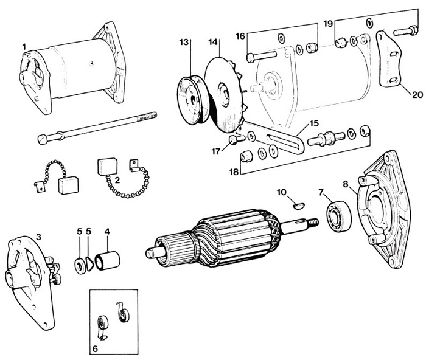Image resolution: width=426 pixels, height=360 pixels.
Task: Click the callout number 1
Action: pyautogui.click(x=24, y=47)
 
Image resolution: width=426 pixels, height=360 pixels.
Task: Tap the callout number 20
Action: pyautogui.click(x=417, y=95)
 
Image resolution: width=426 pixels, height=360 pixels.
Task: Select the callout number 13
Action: pyautogui.click(x=184, y=42)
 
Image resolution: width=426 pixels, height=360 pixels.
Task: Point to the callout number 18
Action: pyautogui.click(x=234, y=171)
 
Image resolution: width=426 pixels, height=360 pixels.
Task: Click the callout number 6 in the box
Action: pyautogui.click(x=95, y=348)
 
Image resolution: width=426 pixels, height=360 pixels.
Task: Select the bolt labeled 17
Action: pyautogui.click(x=236, y=139)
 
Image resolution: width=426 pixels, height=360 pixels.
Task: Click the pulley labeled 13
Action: pyautogui.click(x=192, y=100)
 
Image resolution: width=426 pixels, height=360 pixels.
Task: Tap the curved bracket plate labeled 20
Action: pyautogui.click(x=388, y=60)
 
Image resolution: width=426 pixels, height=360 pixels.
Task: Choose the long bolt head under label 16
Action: pyautogui.click(x=251, y=58)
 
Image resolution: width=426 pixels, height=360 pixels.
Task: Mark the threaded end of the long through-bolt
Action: pyautogui.click(x=147, y=116)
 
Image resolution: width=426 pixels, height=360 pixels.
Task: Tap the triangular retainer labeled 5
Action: pyautogui.click(x=89, y=263)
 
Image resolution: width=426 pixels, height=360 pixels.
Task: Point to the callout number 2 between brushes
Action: pyautogui.click(x=117, y=180)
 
